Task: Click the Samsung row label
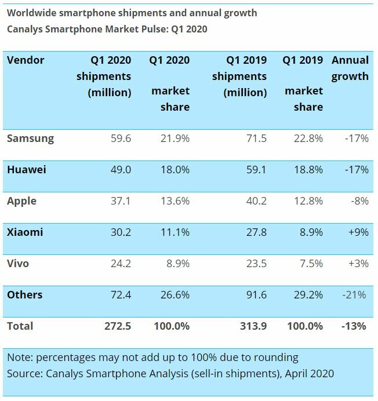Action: (31, 138)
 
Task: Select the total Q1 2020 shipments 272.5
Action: (116, 326)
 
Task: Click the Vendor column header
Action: (26, 60)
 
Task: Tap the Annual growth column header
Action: (350, 68)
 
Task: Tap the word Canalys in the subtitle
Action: (26, 29)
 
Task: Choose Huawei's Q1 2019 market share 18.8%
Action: (309, 170)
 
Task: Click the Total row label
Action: (20, 326)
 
